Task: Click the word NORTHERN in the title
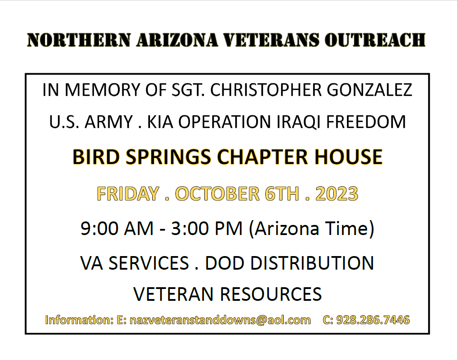coord(79,40)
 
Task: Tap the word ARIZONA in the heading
coord(177,40)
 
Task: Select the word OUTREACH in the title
coord(375,40)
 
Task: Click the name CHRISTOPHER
coord(266,90)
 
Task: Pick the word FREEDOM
coord(366,122)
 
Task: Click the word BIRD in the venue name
coord(96,157)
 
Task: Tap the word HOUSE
coord(348,157)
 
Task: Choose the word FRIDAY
coord(128,193)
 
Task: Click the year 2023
coord(337,193)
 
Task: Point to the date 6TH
coord(282,193)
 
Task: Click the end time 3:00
coord(190,228)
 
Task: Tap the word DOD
coord(225,263)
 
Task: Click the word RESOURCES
coord(271,294)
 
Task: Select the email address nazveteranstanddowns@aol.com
coord(220,320)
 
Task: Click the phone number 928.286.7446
coord(373,320)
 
